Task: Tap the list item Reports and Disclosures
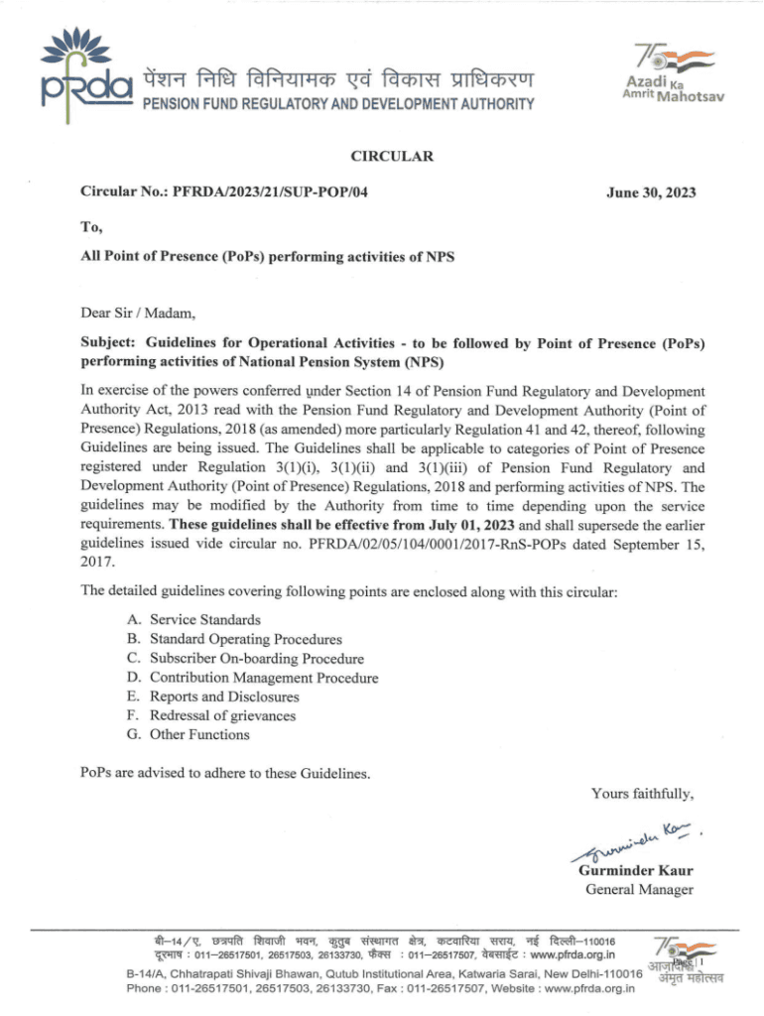220,697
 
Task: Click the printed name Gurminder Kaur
635,870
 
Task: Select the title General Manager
639,889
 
